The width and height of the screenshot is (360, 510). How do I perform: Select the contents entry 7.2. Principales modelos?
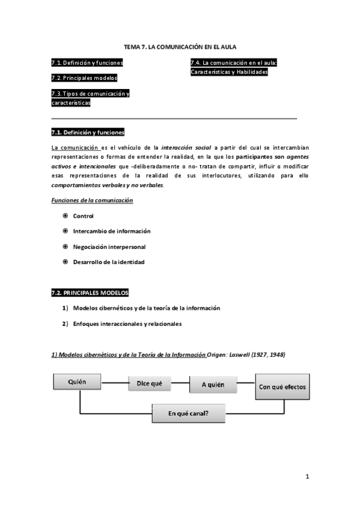pos(84,78)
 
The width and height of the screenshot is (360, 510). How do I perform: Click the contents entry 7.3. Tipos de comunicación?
pos(90,94)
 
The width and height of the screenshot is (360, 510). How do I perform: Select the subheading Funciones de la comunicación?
pos(92,200)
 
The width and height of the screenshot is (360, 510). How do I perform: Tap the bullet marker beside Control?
pos(65,215)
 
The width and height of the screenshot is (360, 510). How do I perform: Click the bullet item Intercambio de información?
pos(112,231)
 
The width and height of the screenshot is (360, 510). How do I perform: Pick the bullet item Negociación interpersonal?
pos(109,247)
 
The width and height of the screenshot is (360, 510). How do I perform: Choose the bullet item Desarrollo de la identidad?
pos(109,262)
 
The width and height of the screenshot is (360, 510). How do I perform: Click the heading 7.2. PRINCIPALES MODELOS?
pos(90,293)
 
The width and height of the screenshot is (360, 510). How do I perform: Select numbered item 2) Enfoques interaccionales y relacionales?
pos(127,324)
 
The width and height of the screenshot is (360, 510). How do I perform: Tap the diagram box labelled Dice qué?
pos(150,383)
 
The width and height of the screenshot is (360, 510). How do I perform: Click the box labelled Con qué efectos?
pos(282,386)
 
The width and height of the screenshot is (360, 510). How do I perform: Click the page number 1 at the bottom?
pos(307,478)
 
